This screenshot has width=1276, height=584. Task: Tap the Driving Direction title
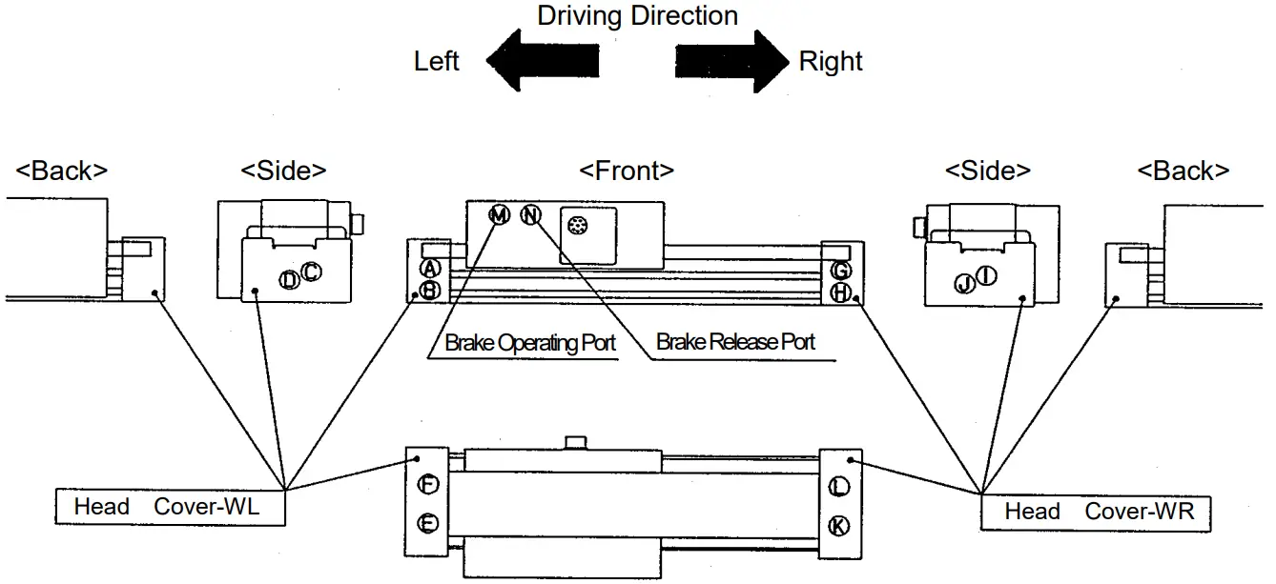click(x=637, y=16)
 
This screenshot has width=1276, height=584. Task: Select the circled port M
click(x=499, y=214)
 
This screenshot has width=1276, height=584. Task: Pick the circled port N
click(x=531, y=214)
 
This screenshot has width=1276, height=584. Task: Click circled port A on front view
click(x=430, y=269)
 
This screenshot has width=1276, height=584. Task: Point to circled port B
click(x=430, y=290)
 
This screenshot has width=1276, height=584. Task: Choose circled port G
click(x=840, y=270)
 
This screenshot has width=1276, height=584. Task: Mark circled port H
click(x=840, y=292)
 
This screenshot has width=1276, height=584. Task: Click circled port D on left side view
click(x=289, y=279)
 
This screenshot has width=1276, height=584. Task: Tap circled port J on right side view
click(x=964, y=283)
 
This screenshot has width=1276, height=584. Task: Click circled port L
click(x=838, y=487)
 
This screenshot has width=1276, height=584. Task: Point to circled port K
click(x=838, y=525)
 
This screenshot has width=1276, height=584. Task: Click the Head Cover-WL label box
click(x=170, y=507)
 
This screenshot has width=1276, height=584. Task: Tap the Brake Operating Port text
click(x=530, y=343)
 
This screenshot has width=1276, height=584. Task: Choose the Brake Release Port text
click(x=735, y=342)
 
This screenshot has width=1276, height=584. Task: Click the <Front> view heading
click(x=627, y=171)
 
